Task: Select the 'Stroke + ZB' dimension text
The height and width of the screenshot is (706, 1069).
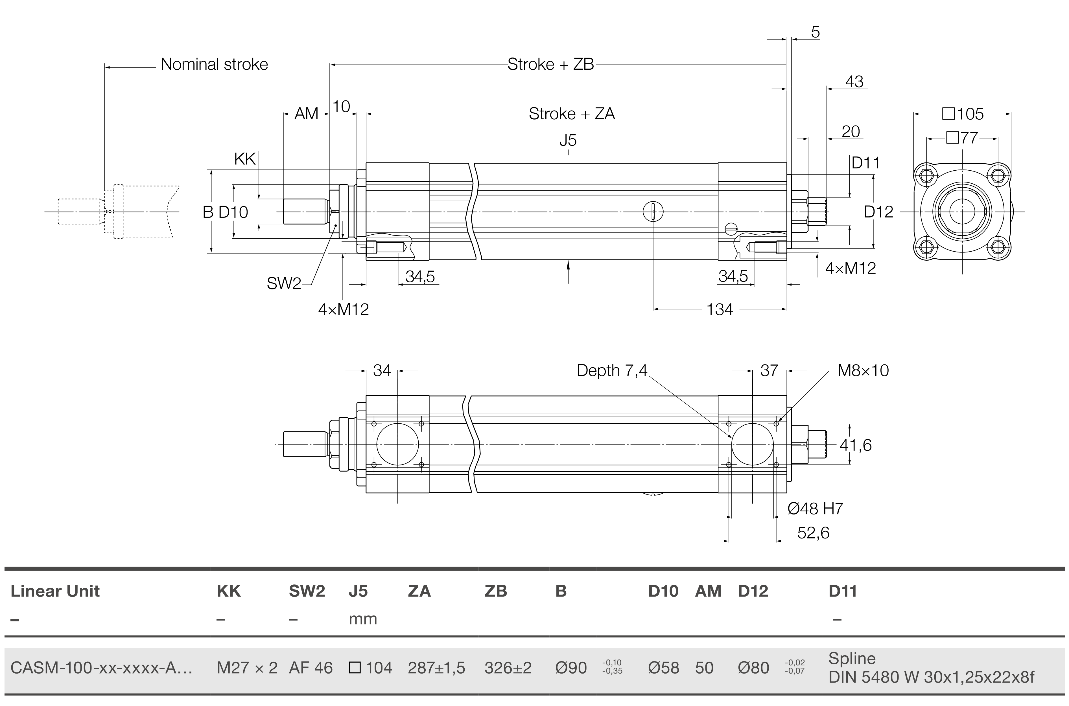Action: click(550, 64)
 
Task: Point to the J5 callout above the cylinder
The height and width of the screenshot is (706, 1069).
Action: click(568, 140)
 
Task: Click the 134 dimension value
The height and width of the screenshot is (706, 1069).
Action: click(720, 310)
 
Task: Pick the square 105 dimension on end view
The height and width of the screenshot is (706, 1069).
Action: click(963, 114)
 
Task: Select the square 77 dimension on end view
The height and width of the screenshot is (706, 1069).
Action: click(962, 138)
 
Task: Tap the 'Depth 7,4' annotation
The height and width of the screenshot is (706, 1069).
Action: click(612, 371)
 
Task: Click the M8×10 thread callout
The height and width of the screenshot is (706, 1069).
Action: click(863, 371)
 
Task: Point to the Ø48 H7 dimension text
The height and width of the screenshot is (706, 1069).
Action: click(815, 509)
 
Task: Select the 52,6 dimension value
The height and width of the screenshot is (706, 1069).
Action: click(813, 533)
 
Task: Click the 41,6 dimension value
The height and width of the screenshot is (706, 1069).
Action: click(856, 445)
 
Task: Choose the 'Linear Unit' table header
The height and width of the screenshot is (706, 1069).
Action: click(55, 591)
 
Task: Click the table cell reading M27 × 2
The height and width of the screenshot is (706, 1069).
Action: click(247, 668)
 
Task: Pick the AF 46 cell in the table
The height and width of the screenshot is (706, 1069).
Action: click(311, 668)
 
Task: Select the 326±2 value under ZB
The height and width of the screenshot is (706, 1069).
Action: click(508, 668)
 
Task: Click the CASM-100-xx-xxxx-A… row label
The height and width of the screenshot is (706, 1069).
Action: click(101, 668)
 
